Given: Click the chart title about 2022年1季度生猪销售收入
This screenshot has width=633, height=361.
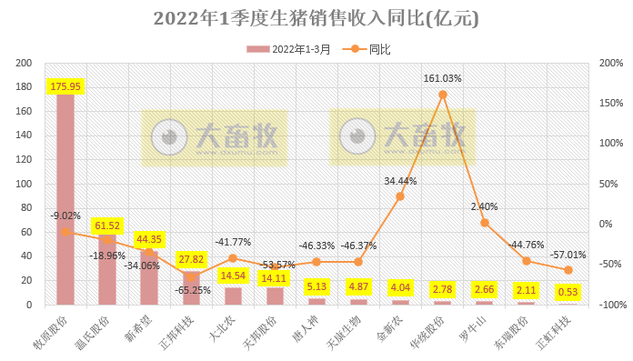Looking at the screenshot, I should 316,18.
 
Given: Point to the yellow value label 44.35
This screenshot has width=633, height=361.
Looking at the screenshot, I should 149,239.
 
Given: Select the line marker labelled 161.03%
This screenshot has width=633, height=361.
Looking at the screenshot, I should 443,95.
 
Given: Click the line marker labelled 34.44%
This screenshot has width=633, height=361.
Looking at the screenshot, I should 400,196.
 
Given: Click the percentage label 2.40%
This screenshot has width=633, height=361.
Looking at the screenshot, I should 485,206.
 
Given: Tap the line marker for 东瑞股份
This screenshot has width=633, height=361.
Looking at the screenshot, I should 527,261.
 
